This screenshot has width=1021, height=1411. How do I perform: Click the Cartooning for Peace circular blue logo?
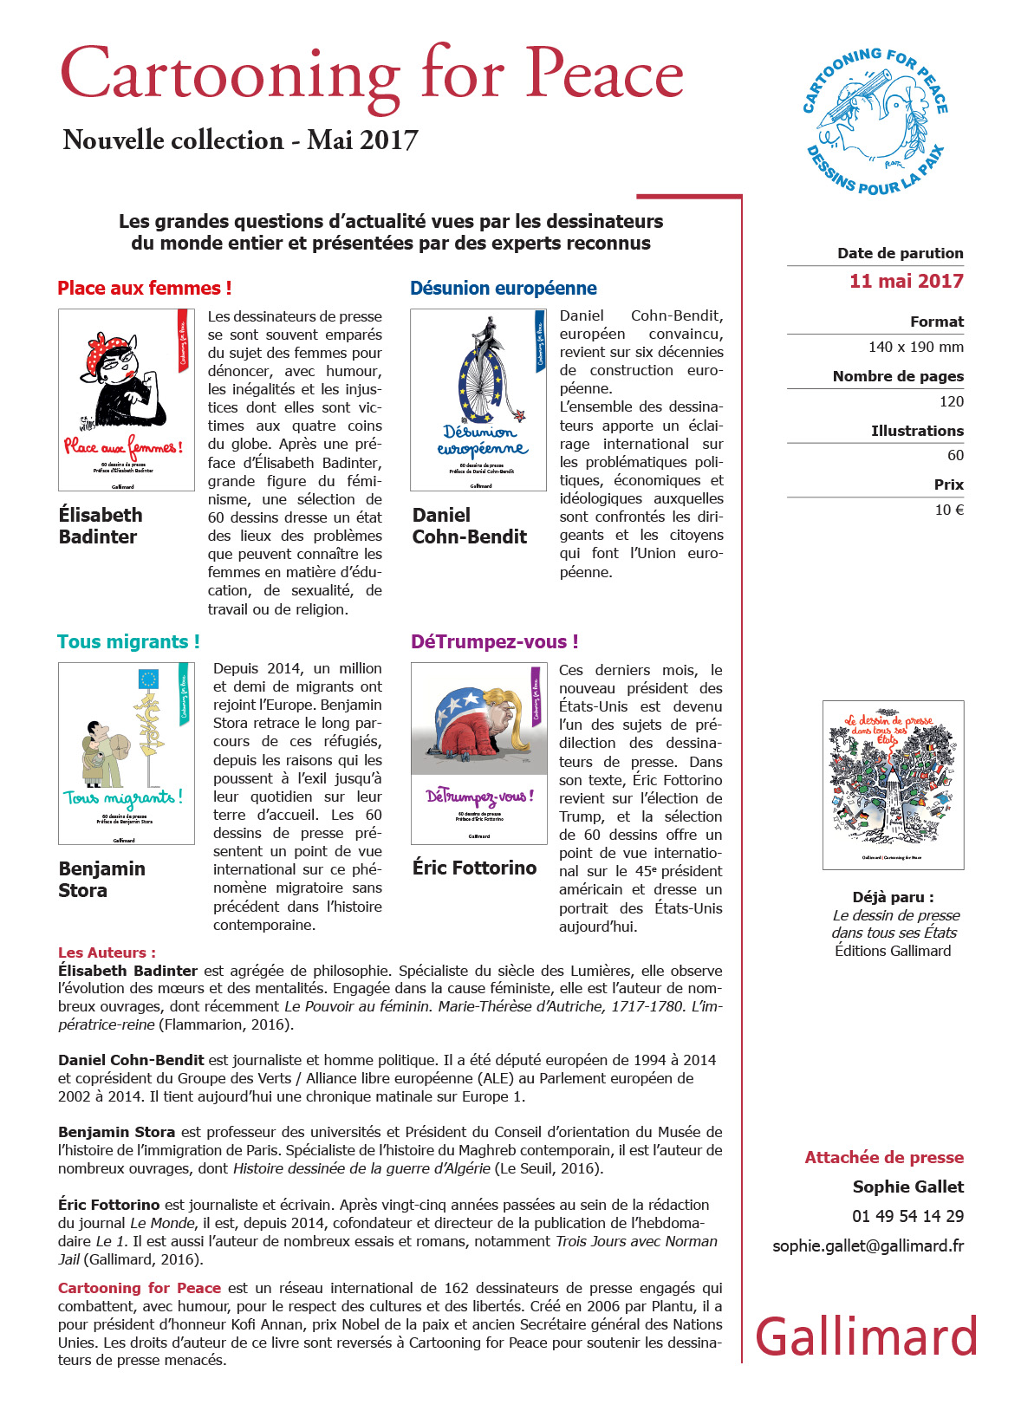[x=875, y=121]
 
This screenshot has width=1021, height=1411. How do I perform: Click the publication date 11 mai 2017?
[x=906, y=281]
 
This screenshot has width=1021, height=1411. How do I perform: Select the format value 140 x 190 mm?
[x=915, y=347]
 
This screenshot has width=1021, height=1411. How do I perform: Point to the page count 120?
[x=951, y=401]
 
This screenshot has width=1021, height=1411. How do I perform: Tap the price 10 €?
[x=949, y=510]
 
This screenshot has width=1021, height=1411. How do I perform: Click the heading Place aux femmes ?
[x=144, y=289]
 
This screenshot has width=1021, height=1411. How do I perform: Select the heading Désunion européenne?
[x=503, y=289]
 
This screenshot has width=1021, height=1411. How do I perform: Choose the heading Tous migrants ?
[x=128, y=641]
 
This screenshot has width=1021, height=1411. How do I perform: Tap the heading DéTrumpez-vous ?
[x=494, y=641]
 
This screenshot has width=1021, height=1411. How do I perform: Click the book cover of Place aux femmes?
[x=127, y=400]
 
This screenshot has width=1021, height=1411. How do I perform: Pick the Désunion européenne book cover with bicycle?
[x=478, y=400]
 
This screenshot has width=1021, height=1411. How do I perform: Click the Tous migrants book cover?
[x=127, y=753]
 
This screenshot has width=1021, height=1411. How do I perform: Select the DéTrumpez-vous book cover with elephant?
[x=478, y=753]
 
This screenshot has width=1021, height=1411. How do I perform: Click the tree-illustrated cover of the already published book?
[x=893, y=785]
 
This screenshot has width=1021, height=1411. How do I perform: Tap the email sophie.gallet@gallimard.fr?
[x=868, y=1245]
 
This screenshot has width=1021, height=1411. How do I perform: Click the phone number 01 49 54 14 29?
[x=907, y=1216]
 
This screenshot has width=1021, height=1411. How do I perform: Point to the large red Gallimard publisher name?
[x=867, y=1336]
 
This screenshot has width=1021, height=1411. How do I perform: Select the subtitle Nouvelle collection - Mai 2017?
[x=240, y=140]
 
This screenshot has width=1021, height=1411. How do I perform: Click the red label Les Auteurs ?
[x=107, y=953]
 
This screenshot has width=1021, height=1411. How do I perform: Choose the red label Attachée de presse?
[x=883, y=1157]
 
